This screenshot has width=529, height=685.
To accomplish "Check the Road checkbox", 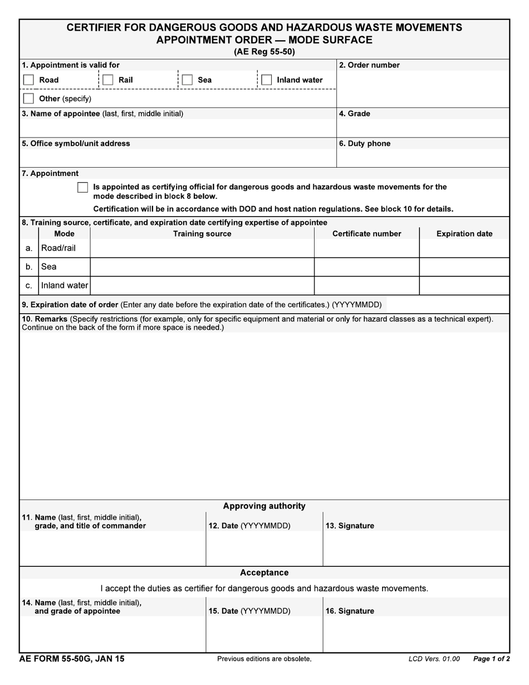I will click(28, 80).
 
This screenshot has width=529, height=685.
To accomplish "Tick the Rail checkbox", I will click(108, 80).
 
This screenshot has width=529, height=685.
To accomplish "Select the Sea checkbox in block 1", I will click(188, 80).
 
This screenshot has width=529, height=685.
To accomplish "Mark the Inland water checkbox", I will click(267, 80).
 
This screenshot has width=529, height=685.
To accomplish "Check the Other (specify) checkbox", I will click(28, 99).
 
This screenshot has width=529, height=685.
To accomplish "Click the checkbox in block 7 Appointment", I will click(82, 188).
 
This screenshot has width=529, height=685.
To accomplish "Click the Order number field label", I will click(369, 65).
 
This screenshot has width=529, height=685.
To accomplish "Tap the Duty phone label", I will click(365, 144).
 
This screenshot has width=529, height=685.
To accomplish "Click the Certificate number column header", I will click(366, 234).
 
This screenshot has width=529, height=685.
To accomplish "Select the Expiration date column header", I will click(464, 234).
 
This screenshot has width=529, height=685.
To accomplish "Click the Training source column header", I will click(202, 234).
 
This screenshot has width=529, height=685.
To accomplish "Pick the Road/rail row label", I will click(58, 248).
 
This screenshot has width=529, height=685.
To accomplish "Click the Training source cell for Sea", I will click(202, 267).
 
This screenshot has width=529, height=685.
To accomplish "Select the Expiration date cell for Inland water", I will click(464, 286).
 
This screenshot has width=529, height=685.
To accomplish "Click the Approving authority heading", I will click(264, 506).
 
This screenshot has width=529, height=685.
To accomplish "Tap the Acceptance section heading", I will click(264, 573).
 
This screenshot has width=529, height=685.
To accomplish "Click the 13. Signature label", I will click(350, 526).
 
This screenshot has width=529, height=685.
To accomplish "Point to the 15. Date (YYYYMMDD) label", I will click(249, 611).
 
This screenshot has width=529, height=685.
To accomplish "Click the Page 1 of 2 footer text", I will click(491, 659).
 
